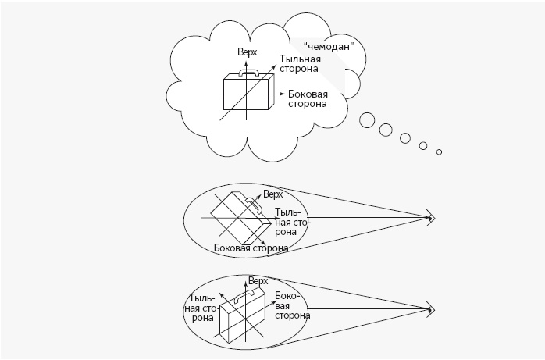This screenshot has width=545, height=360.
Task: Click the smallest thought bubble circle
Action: (x=439, y=151)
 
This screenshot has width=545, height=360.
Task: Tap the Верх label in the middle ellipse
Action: (x=272, y=194)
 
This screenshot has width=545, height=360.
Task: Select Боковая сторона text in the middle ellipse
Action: (x=251, y=248)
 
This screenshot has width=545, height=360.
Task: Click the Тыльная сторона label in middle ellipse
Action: (x=292, y=222)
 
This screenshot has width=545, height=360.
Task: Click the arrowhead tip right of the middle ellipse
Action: (x=432, y=217)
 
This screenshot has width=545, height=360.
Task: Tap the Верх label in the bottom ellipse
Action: (x=258, y=280)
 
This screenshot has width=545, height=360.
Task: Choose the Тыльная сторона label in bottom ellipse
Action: (x=201, y=308)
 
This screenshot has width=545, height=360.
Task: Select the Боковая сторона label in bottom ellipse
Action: (x=291, y=306)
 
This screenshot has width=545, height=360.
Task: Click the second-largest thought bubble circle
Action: (x=386, y=130)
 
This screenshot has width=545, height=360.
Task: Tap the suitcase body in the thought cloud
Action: (x=247, y=94)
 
